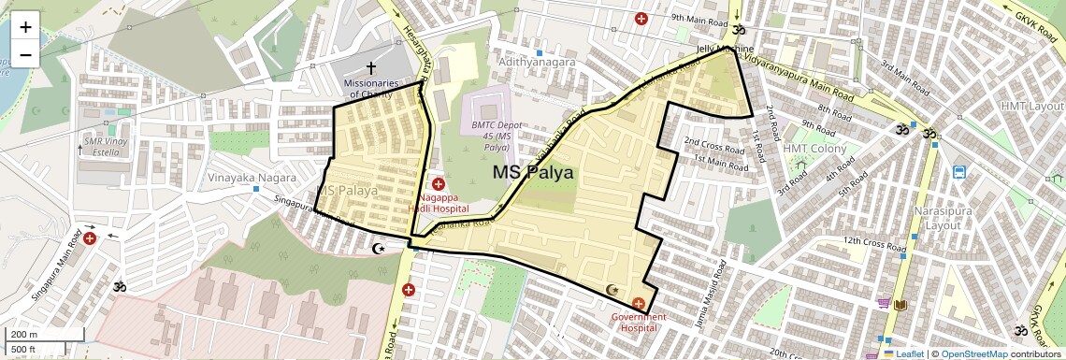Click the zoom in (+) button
[x=25, y=27]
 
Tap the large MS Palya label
[x=534, y=173]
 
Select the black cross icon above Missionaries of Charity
[x=371, y=68]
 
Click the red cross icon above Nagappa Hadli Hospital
[x=438, y=184]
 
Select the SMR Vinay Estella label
[x=105, y=146]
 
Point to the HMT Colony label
[x=814, y=149]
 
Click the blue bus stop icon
[x=959, y=172]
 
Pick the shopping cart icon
[x=883, y=303]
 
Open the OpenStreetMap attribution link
[x=973, y=354]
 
